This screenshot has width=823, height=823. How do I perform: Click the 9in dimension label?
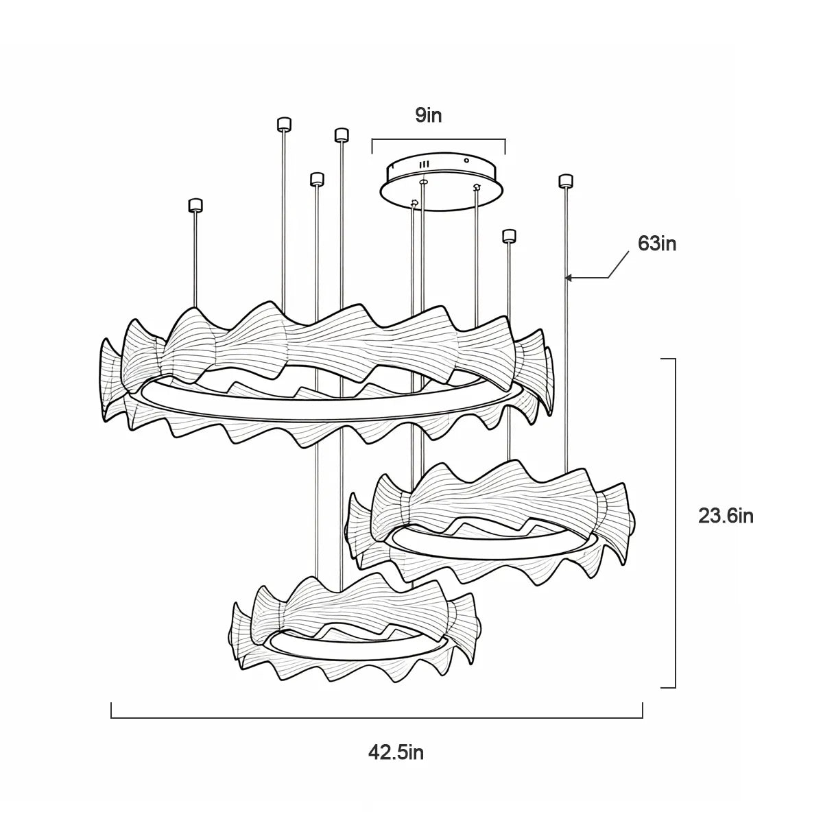[x=429, y=116]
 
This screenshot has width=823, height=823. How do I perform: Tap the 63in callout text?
[x=657, y=244]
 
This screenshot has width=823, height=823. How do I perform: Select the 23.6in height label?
[x=726, y=516]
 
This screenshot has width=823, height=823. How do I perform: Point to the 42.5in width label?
[x=396, y=752]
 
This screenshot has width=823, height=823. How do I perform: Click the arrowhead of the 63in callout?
[x=569, y=278]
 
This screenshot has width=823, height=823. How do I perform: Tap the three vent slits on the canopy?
[x=424, y=165]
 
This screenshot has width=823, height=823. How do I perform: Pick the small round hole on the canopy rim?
[x=466, y=160]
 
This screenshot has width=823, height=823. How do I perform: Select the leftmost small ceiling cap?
[x=195, y=206]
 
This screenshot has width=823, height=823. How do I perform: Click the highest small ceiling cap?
[x=284, y=124]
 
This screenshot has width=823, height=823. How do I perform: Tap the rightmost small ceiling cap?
[x=566, y=181]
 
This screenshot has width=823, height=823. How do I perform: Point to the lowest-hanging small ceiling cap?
[x=509, y=236]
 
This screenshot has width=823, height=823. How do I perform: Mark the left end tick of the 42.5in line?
[x=112, y=710]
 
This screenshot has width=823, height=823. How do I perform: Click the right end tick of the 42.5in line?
[x=643, y=710]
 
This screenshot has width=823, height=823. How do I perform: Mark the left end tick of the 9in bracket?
[x=372, y=146]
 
